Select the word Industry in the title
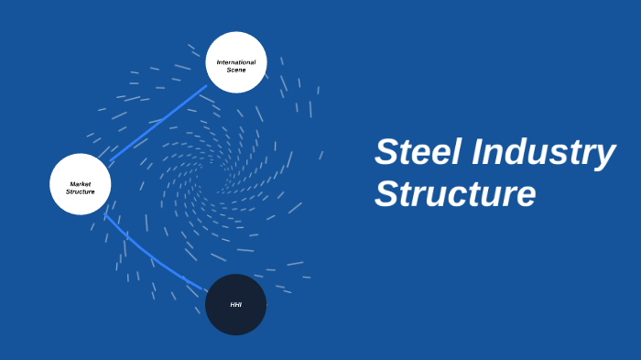(543, 153)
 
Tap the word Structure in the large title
(454, 194)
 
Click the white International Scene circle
(236, 63)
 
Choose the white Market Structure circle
(80, 184)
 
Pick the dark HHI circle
(235, 304)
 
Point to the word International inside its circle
(236, 62)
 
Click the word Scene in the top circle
(236, 70)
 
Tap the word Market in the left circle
(80, 184)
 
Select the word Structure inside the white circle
(81, 191)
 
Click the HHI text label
(235, 304)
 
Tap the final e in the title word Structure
(525, 196)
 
